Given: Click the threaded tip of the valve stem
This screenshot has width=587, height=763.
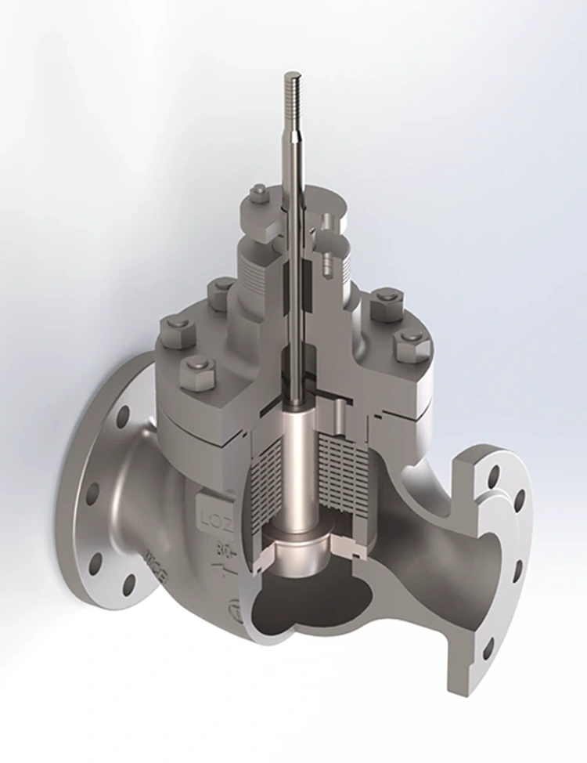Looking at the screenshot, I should coord(293,89).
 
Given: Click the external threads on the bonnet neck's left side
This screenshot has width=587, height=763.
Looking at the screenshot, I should coord(254,269).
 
